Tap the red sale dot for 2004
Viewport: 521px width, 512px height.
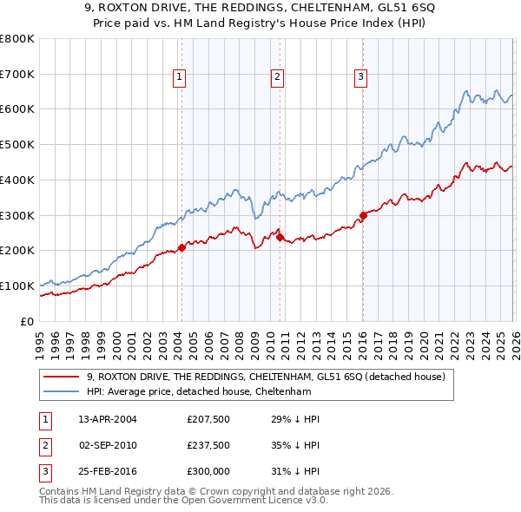(x=181, y=247)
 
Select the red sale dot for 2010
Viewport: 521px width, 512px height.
(x=280, y=237)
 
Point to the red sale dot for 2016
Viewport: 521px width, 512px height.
(x=363, y=215)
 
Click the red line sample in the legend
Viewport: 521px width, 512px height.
(x=63, y=377)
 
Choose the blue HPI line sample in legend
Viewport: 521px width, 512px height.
(x=63, y=391)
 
